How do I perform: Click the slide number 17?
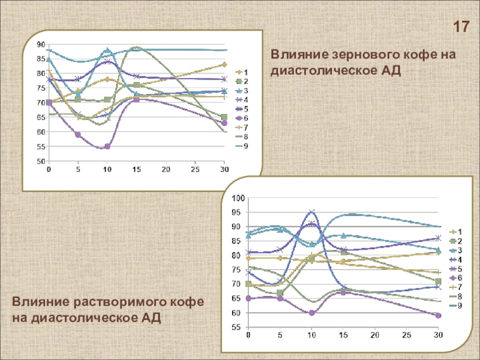point(461,27)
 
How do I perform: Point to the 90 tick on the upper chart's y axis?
point(40,44)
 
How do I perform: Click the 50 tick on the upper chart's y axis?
point(40,161)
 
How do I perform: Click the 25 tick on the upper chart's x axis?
point(195,170)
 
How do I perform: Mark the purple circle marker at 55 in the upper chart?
point(107,146)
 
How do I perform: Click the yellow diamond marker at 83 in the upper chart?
point(224,64)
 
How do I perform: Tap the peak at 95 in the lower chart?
point(312,212)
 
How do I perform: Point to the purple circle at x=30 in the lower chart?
point(438,316)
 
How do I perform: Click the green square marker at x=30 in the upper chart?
point(224,118)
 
